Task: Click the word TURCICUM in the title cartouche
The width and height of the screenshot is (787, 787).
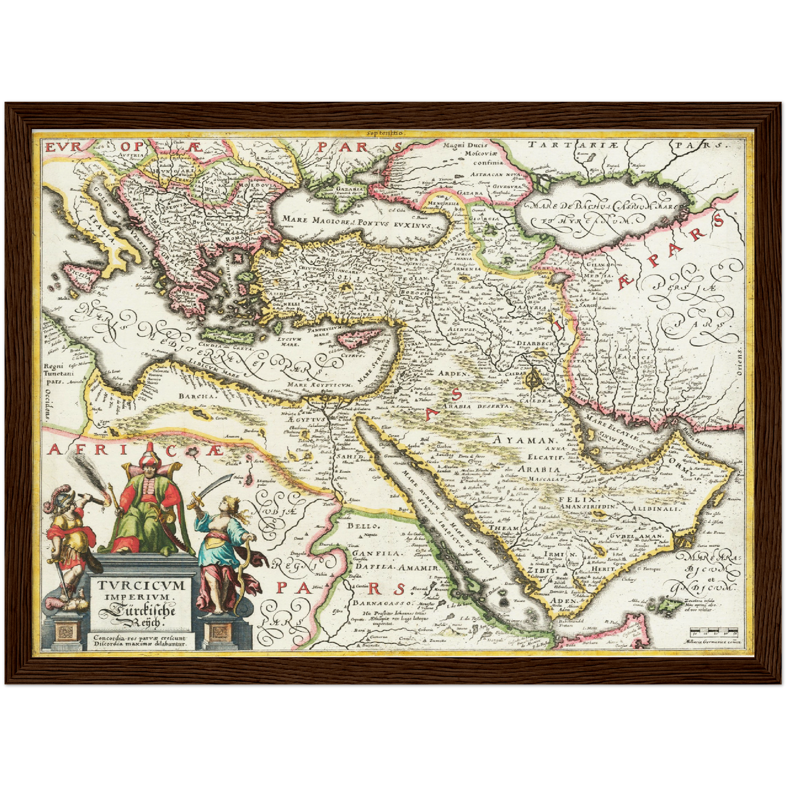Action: pyautogui.click(x=142, y=585)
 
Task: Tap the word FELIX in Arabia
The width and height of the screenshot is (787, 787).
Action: pyautogui.click(x=584, y=499)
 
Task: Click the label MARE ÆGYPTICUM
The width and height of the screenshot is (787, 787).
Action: pyautogui.click(x=320, y=385)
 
